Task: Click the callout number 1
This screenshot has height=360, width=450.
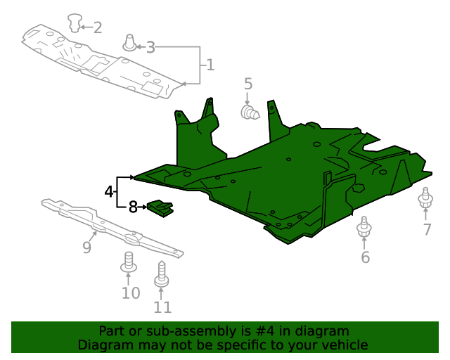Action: point(210,66)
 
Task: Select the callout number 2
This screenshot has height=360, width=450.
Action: point(97,27)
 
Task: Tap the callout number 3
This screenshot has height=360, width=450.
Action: point(150,47)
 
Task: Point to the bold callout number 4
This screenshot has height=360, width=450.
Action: point(109,191)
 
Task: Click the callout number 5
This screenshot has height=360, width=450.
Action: point(248,84)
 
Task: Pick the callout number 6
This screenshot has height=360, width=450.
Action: point(365,257)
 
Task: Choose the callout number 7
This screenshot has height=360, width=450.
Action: point(427,230)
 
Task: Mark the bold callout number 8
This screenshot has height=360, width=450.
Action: point(132,207)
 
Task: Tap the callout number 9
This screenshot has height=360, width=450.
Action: point(87,247)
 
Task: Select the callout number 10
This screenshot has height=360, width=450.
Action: point(131,292)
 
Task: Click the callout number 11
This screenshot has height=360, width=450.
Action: point(162,307)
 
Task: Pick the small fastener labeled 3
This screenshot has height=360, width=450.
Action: point(130,42)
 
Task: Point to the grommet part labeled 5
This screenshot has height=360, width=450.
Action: point(250,112)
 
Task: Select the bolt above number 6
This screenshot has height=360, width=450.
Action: point(364,228)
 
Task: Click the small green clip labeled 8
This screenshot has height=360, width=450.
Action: point(160,208)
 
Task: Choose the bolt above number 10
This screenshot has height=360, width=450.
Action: point(129,262)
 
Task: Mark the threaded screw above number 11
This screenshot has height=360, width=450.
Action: point(162,275)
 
